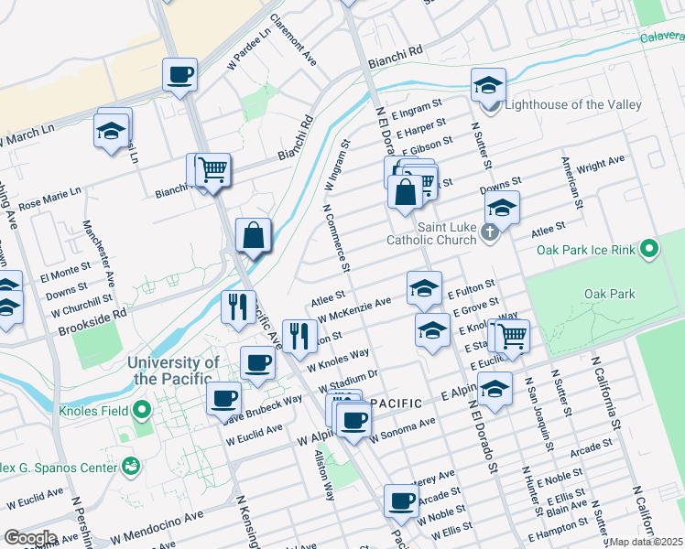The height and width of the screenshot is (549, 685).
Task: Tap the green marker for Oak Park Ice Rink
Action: tap(649, 248)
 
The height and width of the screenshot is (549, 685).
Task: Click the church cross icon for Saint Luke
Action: tap(490, 233)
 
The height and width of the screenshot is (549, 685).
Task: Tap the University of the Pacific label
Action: tap(175, 371)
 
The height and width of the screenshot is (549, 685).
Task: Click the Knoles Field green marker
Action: tap(141, 408)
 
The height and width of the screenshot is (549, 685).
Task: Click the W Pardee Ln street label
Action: tap(250, 48)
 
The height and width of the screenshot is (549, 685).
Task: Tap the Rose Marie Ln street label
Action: tap(50, 198)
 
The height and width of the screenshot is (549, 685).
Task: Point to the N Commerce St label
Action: tap(336, 237)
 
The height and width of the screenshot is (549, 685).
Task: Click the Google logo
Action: tap(29, 538)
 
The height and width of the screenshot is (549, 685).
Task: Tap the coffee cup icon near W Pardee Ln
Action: tap(180, 75)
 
